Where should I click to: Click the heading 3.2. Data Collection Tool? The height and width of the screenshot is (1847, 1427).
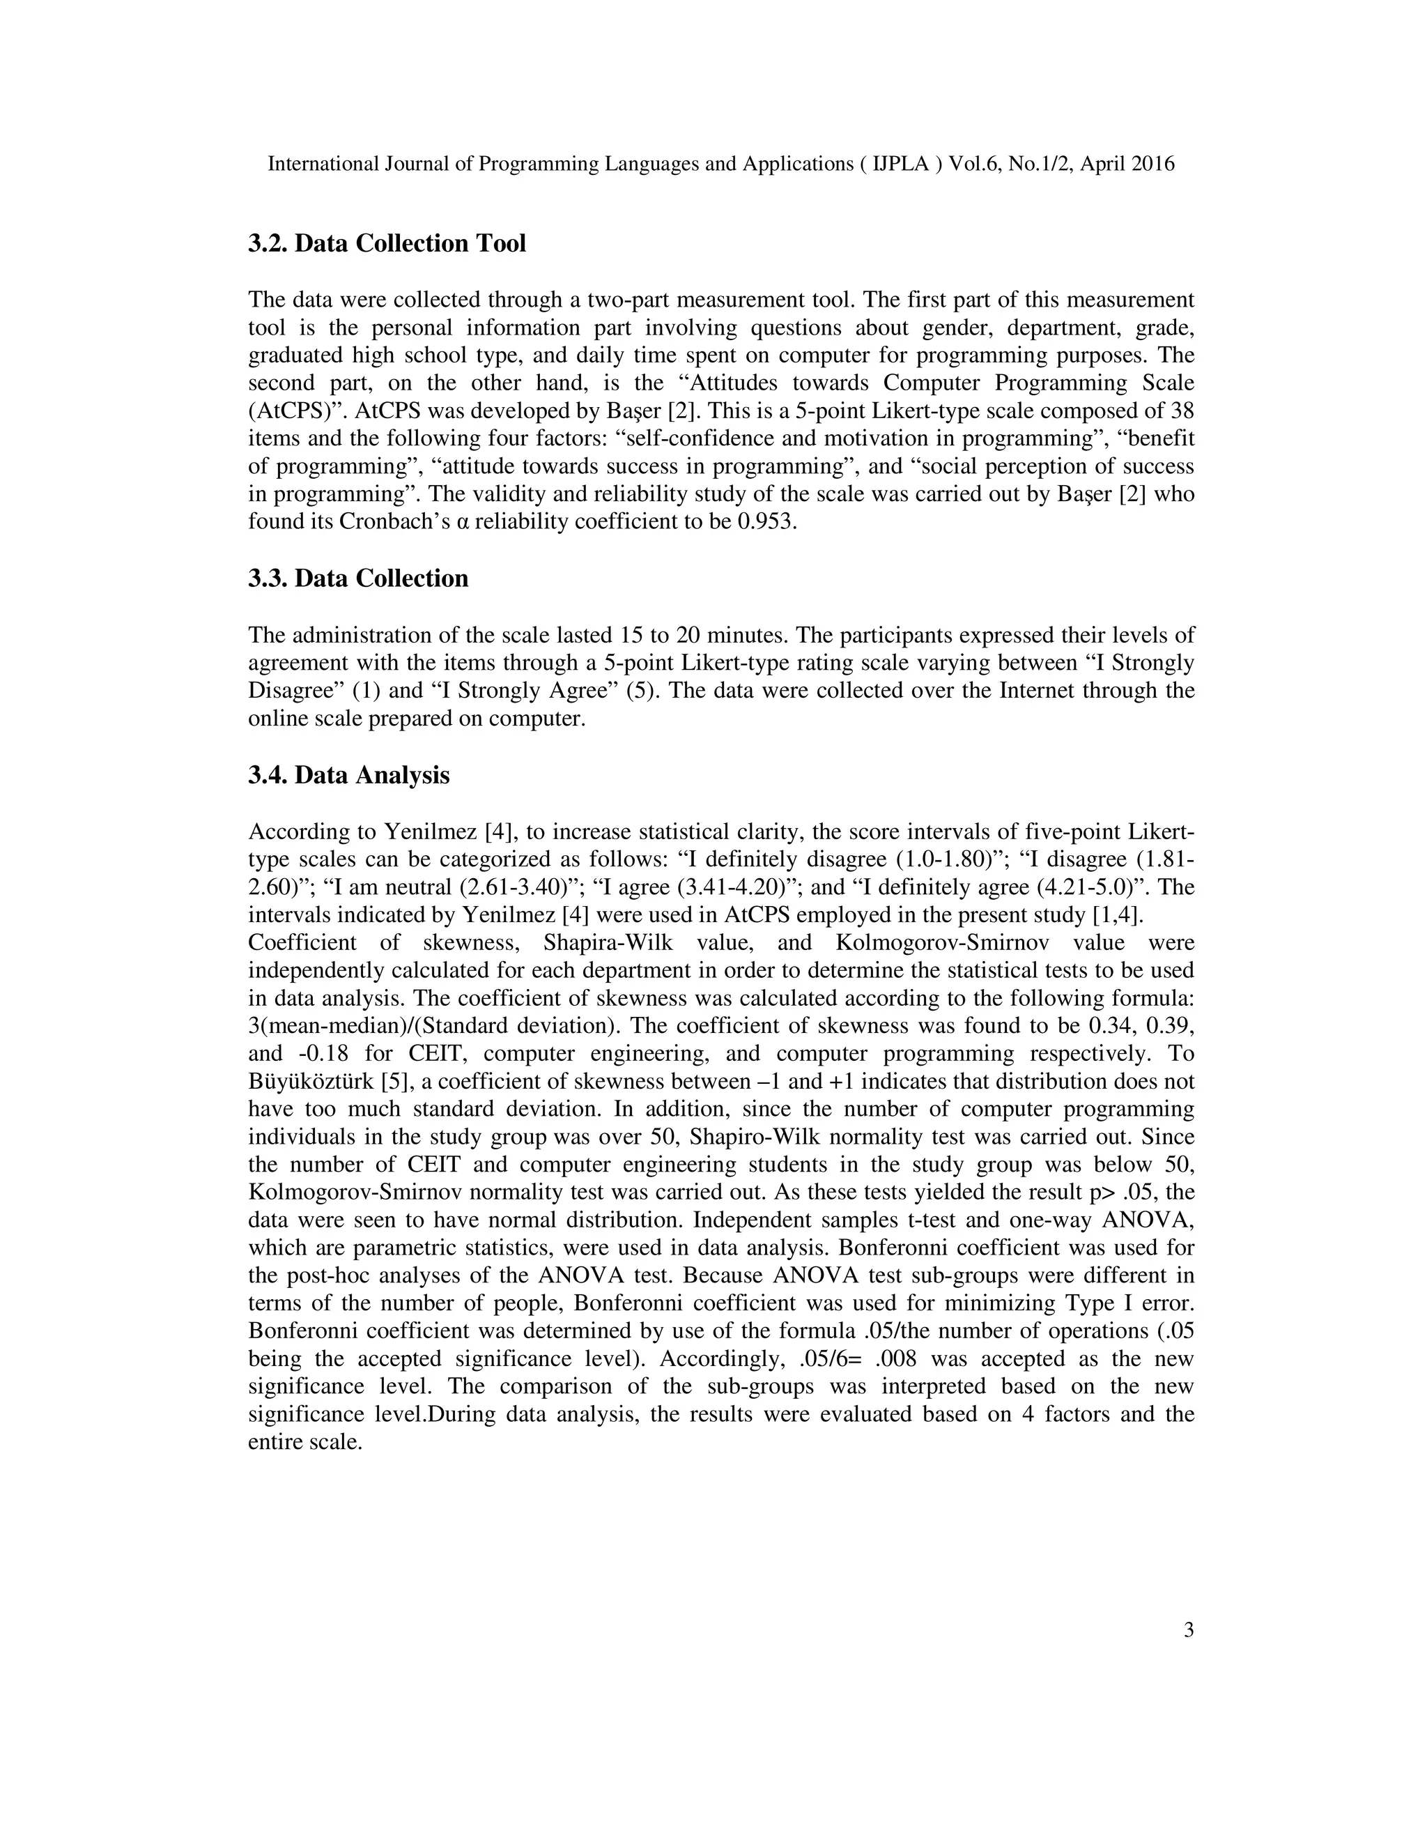(x=386, y=243)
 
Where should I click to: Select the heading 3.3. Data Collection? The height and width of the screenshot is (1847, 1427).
(x=357, y=578)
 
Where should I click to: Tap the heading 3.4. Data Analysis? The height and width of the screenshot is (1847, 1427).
(x=348, y=776)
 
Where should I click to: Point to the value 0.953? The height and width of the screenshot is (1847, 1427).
(x=766, y=522)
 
